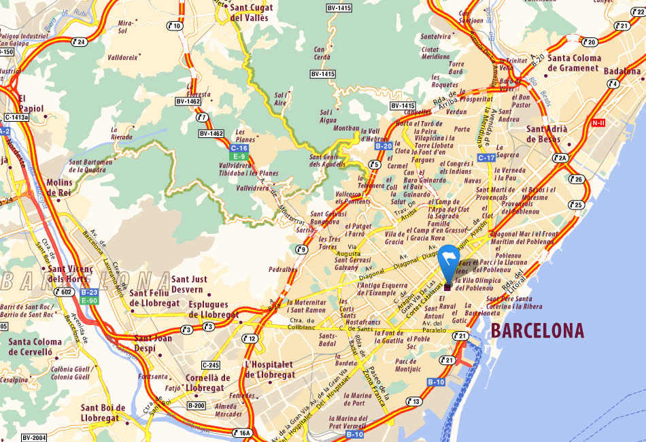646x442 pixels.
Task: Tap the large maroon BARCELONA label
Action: tap(537, 331)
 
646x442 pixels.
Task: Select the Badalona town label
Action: tap(622, 71)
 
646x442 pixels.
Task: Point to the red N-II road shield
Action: tap(598, 123)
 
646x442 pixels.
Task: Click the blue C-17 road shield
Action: tap(486, 158)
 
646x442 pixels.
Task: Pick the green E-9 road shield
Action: tap(239, 155)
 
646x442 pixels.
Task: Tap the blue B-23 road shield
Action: tap(89, 292)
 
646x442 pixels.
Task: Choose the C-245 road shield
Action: tap(210, 364)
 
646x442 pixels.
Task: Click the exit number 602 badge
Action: tap(65, 292)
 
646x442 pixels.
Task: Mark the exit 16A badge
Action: tap(243, 432)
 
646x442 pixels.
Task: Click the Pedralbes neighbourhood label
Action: tap(283, 269)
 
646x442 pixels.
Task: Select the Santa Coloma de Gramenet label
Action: tap(573, 63)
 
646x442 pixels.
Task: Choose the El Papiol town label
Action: tap(31, 103)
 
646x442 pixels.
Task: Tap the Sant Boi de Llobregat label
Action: tap(103, 413)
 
